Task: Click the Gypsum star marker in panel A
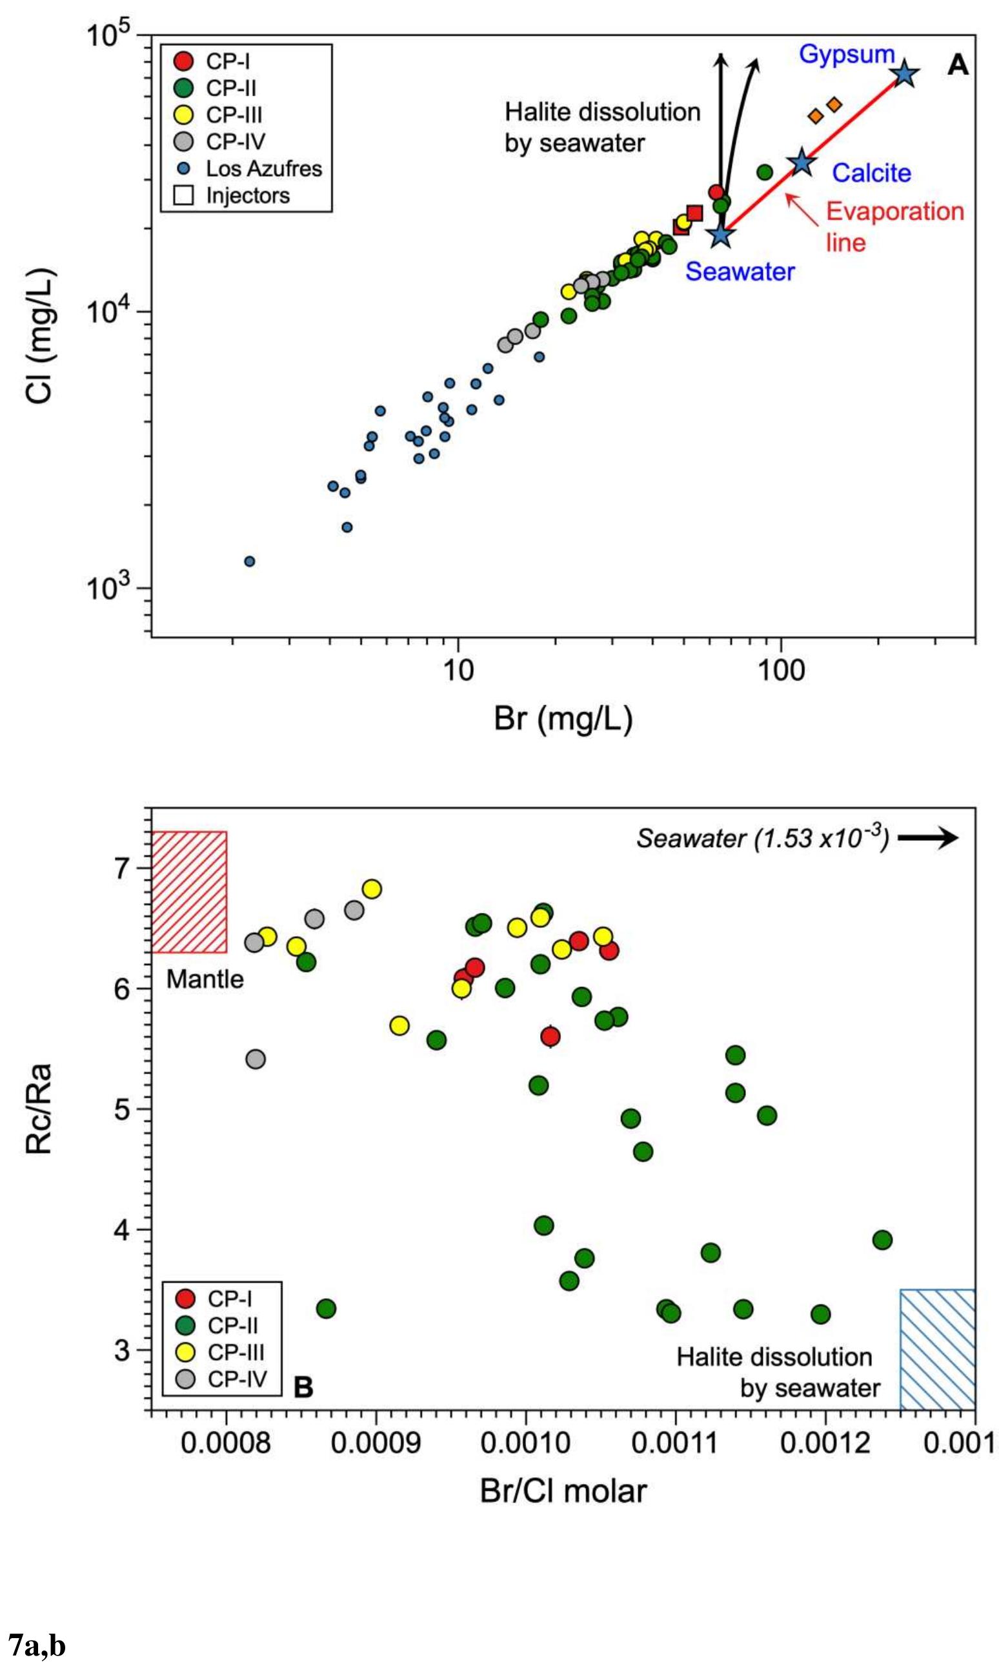point(904,75)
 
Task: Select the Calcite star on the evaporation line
point(802,162)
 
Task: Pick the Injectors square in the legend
point(183,196)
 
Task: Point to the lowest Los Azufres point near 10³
point(249,561)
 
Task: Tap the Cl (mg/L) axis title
point(40,337)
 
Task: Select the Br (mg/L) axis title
point(563,719)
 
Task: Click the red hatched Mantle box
point(189,892)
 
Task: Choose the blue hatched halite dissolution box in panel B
point(937,1348)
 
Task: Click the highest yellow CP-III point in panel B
point(372,889)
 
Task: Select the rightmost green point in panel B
point(882,1239)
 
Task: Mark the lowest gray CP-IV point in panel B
point(255,1059)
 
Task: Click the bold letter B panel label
point(303,1387)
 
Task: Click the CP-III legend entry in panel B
point(222,1353)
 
